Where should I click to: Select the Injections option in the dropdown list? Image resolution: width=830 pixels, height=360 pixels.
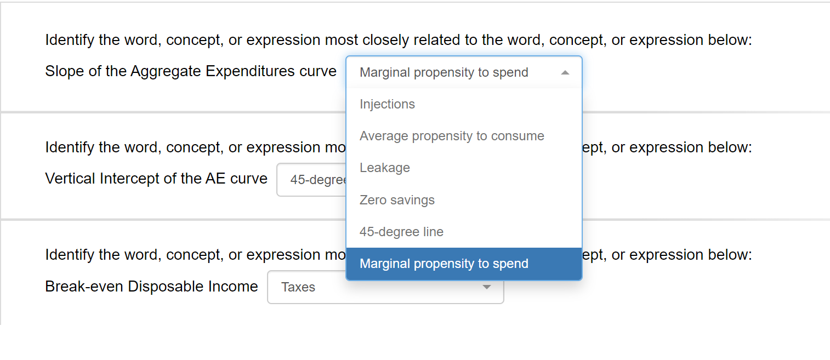click(x=387, y=104)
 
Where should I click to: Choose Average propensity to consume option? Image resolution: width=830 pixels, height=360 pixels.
click(x=452, y=136)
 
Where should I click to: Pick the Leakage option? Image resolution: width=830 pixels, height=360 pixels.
click(x=384, y=168)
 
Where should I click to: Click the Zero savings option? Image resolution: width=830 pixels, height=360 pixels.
click(x=397, y=200)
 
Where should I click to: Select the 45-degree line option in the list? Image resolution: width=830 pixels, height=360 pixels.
click(x=401, y=232)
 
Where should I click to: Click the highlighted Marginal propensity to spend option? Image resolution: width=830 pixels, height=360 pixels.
click(x=444, y=264)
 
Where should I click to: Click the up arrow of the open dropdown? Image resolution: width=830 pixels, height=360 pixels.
click(x=565, y=72)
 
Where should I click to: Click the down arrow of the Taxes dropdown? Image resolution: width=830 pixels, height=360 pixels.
click(x=486, y=287)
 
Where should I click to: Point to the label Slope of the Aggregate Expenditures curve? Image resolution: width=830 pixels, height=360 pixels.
click(x=191, y=71)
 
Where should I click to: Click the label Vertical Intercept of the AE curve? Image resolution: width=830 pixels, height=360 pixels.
click(x=156, y=179)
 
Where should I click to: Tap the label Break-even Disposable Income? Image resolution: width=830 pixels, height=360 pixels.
click(x=151, y=287)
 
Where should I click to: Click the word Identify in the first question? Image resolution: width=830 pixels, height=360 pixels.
click(x=70, y=40)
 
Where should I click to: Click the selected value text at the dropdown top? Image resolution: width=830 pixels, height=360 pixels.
click(x=444, y=72)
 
